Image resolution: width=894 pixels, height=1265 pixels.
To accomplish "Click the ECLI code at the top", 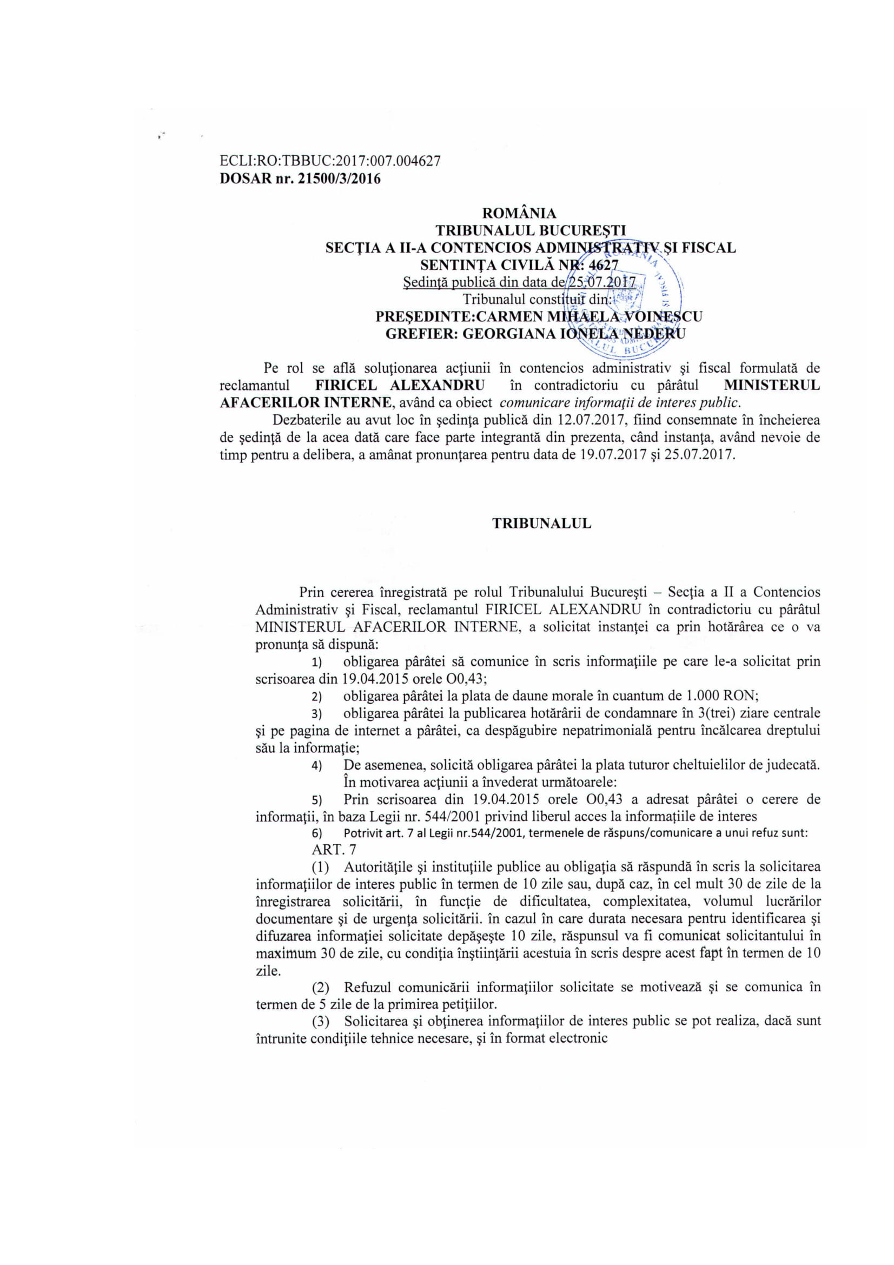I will (329, 161).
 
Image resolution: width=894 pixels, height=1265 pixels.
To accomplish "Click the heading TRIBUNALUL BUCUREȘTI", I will (531, 230).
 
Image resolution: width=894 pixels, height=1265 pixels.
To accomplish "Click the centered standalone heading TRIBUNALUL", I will (541, 524).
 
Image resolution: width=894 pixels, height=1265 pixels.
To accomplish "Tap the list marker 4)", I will (317, 766).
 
